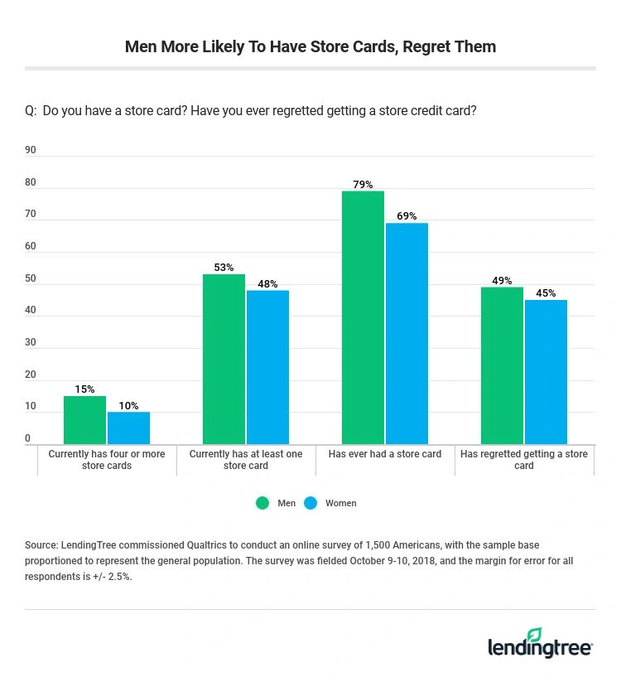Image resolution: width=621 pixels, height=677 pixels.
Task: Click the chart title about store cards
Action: point(310,46)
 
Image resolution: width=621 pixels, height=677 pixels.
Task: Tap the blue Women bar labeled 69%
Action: point(407,333)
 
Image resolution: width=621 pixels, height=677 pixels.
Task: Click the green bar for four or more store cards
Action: point(85,420)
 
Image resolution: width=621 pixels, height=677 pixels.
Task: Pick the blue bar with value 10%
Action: point(128,428)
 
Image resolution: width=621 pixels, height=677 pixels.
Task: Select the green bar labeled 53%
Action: point(224,359)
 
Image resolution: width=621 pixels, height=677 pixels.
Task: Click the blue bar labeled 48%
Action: point(267,367)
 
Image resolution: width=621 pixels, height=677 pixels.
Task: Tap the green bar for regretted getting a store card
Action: point(502,365)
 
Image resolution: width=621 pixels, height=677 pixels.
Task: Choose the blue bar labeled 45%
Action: point(546,372)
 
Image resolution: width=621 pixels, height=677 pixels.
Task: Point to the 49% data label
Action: point(502,280)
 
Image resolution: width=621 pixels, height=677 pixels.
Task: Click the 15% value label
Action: point(84,389)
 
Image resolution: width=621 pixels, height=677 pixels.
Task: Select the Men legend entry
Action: point(276,503)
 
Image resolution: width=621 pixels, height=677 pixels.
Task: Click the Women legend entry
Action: point(331,503)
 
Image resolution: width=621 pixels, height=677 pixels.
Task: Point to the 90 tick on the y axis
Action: point(31,150)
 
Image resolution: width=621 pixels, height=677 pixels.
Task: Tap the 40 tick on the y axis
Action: point(31,311)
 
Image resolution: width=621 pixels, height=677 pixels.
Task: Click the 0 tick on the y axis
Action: point(28,439)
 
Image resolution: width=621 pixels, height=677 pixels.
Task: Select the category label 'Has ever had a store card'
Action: point(385,454)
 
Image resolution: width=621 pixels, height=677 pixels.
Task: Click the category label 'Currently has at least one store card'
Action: point(246,460)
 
